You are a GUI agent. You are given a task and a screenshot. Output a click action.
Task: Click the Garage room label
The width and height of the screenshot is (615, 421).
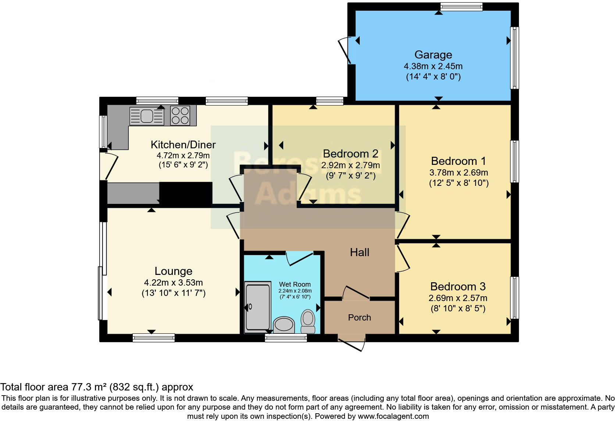pyautogui.click(x=433, y=55)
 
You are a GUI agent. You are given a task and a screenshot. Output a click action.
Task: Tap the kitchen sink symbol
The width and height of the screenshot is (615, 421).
pyautogui.click(x=147, y=116)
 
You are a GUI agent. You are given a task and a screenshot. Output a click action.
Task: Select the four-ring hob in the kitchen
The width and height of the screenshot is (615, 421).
pyautogui.click(x=180, y=116)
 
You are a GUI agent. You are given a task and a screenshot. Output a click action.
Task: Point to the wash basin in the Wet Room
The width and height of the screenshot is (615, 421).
pyautogui.click(x=284, y=325)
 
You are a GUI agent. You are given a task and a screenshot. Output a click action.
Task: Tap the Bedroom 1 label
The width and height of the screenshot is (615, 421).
pyautogui.click(x=458, y=161)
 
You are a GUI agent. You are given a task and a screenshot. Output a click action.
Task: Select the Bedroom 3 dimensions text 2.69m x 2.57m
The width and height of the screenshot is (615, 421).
pyautogui.click(x=458, y=298)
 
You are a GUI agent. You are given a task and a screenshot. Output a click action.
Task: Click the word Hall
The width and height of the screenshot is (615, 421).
pyautogui.click(x=359, y=252)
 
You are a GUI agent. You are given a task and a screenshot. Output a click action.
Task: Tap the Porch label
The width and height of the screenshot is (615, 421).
pyautogui.click(x=359, y=318)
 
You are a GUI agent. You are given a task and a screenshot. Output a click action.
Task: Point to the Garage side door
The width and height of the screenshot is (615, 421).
pyautogui.click(x=346, y=51)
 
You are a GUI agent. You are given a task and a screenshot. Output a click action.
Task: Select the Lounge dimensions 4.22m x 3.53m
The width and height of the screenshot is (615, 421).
pyautogui.click(x=173, y=283)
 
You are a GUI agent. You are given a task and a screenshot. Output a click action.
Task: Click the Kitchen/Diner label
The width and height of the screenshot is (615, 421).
pyautogui.click(x=183, y=145)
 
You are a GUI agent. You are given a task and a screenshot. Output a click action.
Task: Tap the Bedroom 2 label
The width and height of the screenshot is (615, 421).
pyautogui.click(x=351, y=153)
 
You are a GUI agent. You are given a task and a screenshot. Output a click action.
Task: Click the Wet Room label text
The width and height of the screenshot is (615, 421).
pyautogui.click(x=295, y=284)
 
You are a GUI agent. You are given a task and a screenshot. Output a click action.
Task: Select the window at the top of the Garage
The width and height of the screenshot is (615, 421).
pyautogui.click(x=461, y=6)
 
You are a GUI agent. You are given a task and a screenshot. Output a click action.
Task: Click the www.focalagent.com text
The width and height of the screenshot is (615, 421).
pyautogui.click(x=393, y=417)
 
